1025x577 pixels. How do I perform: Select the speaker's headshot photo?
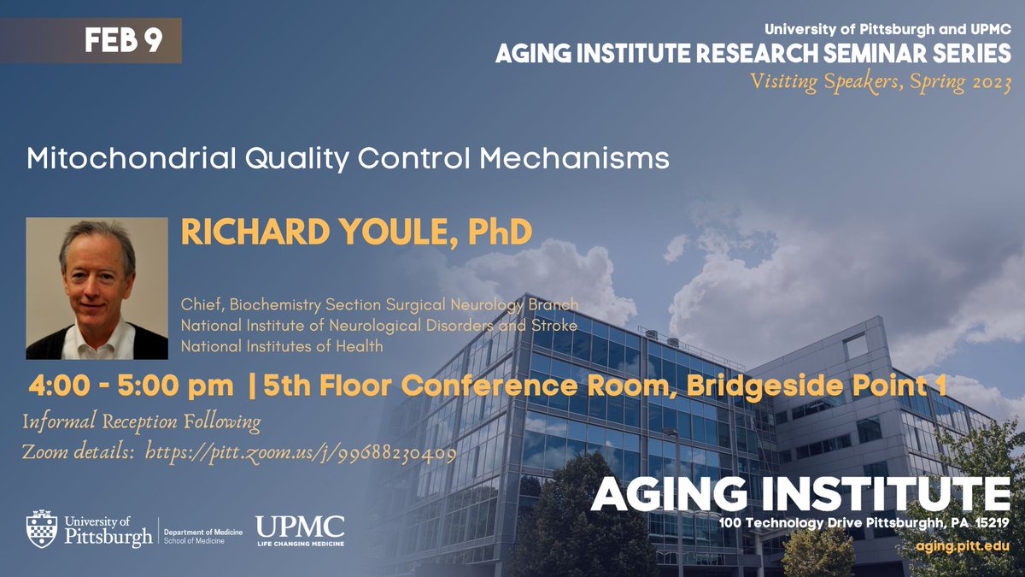tap(97, 288)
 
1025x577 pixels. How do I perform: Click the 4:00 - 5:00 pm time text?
tap(132, 386)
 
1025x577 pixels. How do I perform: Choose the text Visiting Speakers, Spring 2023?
tap(880, 83)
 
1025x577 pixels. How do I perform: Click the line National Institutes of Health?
tap(282, 346)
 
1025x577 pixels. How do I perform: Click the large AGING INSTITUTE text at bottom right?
tap(800, 492)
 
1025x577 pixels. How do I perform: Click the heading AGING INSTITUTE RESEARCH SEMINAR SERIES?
tap(753, 54)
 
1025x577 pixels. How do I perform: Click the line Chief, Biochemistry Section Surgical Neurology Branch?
tap(379, 304)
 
